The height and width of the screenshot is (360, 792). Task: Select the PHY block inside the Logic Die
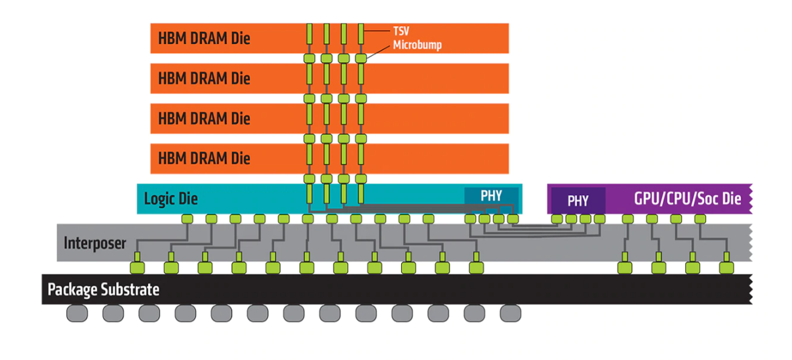(491, 196)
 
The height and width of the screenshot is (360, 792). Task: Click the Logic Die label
(170, 199)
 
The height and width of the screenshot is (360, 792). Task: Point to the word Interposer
(94, 243)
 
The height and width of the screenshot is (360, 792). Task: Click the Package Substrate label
(104, 289)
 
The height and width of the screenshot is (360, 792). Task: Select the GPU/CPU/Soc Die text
(687, 199)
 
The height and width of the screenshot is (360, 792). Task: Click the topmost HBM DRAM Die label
(204, 39)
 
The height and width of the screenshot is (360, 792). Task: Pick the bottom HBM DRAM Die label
(204, 158)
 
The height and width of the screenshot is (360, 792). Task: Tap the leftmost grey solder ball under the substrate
(77, 313)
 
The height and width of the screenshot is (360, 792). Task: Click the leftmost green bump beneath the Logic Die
(187, 218)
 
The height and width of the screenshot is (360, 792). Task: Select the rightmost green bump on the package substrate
(725, 268)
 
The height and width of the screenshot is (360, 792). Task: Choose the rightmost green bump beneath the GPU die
(701, 218)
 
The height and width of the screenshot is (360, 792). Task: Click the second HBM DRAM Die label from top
(204, 79)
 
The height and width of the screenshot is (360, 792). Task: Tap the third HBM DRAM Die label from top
(204, 119)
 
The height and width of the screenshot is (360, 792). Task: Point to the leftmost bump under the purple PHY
(557, 218)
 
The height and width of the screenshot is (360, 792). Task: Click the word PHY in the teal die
(491, 196)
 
